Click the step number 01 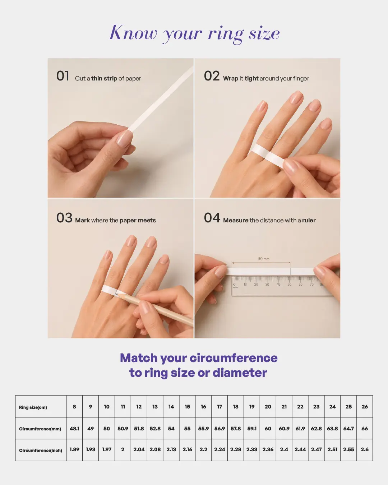(63, 76)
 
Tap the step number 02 (212, 76)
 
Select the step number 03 (64, 218)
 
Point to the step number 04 (212, 218)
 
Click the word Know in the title (133, 33)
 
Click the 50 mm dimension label (264, 259)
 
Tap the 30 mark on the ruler (267, 285)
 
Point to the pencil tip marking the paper (116, 294)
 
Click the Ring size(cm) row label (33, 407)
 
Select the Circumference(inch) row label (40, 451)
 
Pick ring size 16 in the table (203, 407)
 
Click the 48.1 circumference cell (74, 429)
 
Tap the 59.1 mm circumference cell (252, 429)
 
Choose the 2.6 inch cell (365, 450)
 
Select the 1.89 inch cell (74, 450)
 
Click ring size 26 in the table (365, 407)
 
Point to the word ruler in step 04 (309, 221)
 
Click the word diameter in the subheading (240, 373)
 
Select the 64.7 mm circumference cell (348, 429)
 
